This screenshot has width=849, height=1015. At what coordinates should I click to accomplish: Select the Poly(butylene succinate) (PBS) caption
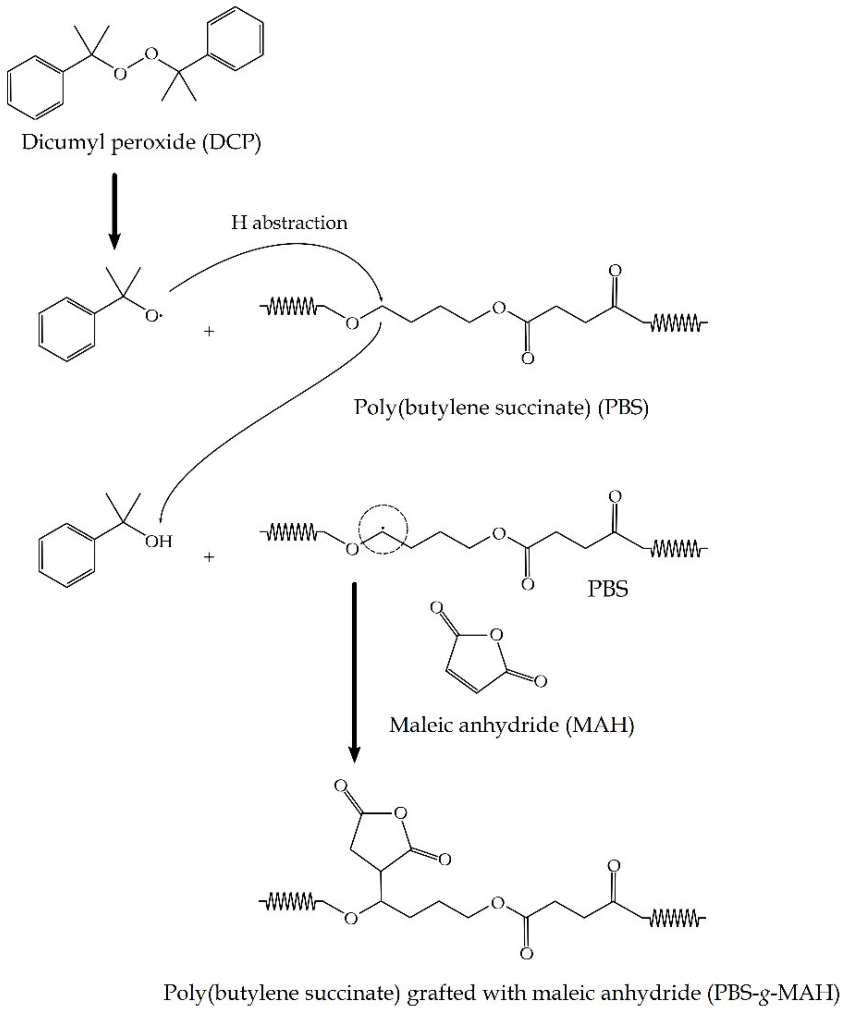(x=501, y=407)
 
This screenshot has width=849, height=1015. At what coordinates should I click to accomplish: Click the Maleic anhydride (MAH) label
(x=511, y=738)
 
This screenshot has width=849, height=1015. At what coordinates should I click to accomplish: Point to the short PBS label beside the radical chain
(x=608, y=589)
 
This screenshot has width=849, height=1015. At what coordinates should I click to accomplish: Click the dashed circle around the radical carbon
(x=383, y=530)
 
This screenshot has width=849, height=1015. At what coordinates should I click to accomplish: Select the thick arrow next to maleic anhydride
(x=355, y=677)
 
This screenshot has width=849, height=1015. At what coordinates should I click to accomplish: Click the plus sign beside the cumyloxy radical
(x=209, y=331)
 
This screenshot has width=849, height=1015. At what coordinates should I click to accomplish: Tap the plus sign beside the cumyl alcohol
(x=209, y=557)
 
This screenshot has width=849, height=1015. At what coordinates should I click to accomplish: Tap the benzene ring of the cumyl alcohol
(x=67, y=555)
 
